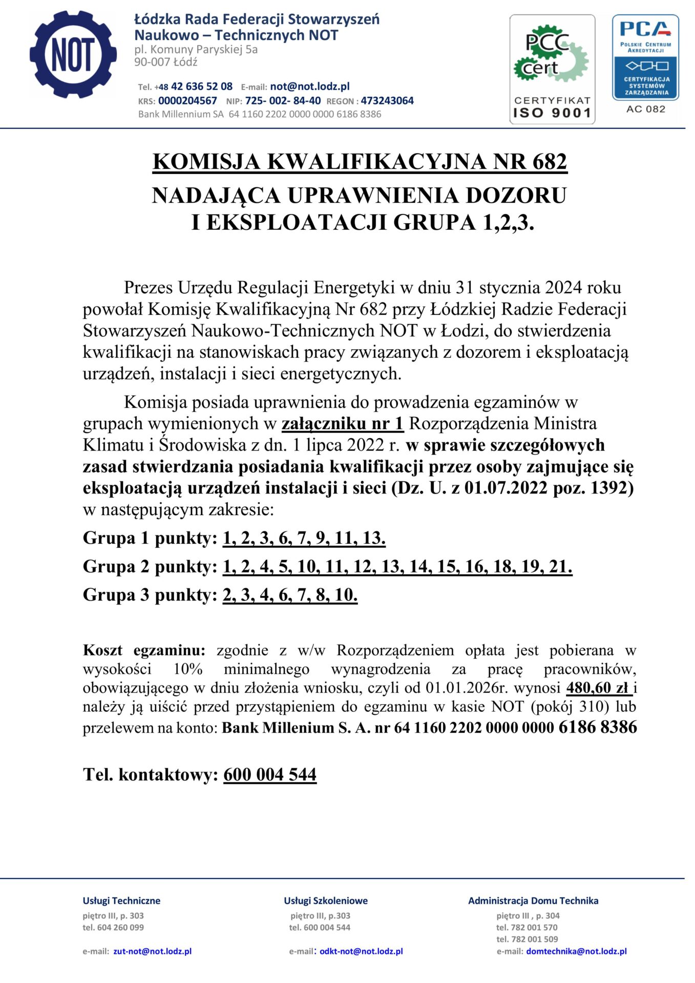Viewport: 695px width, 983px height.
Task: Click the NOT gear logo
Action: (73, 54)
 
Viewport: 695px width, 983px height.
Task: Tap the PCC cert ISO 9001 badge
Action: (552, 69)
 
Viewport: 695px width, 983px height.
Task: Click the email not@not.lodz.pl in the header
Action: (310, 87)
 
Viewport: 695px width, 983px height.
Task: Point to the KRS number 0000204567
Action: (187, 101)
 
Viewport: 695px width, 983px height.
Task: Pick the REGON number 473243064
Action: (387, 101)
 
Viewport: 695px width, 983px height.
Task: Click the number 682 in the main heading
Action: (549, 162)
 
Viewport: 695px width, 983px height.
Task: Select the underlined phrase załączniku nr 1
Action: (343, 424)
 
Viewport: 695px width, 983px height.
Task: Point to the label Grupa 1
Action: (116, 538)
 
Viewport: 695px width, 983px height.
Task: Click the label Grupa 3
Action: (116, 595)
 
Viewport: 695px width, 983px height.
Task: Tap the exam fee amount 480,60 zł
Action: (597, 688)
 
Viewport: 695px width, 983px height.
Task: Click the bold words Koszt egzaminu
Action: (144, 650)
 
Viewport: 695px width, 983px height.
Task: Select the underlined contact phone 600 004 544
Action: (270, 775)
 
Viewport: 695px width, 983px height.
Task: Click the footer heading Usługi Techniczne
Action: (121, 901)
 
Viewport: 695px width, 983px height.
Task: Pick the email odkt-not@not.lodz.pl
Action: (361, 951)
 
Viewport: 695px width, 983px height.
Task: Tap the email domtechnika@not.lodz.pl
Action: (576, 951)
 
